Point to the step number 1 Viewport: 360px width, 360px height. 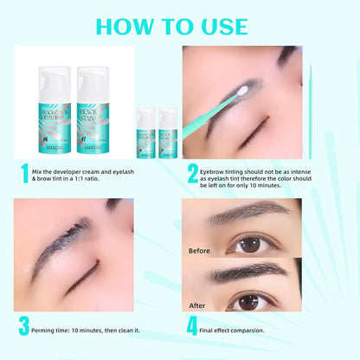pyautogui.click(x=25, y=173)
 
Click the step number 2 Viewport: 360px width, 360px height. pyautogui.click(x=193, y=173)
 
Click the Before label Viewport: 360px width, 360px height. pyautogui.click(x=199, y=251)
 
